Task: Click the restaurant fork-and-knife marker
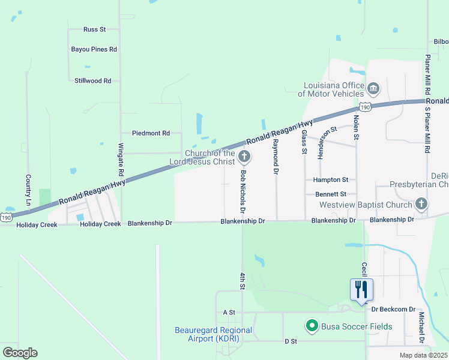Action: click(361, 290)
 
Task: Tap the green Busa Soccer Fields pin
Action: click(312, 326)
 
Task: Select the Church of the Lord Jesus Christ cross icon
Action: click(244, 157)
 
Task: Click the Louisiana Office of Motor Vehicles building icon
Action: click(373, 89)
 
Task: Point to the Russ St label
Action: click(95, 29)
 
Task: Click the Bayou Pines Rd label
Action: click(94, 49)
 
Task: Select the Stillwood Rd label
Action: click(93, 80)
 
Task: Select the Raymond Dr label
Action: click(276, 157)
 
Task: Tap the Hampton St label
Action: click(331, 179)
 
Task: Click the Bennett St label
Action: click(331, 194)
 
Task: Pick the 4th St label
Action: click(243, 281)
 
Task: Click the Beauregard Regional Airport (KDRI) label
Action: click(213, 335)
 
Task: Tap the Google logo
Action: click(20, 352)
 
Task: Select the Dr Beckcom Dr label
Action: click(393, 310)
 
